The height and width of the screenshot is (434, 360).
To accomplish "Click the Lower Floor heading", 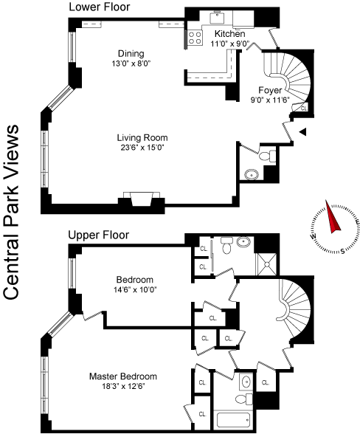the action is (x=100, y=7).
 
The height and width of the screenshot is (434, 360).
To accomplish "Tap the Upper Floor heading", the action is (x=99, y=235).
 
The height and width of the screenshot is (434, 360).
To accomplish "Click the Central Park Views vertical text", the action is (x=11, y=213).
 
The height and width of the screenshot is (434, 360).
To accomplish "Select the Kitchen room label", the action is (x=229, y=34).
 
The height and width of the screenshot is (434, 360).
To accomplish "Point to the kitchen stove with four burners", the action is (x=195, y=38).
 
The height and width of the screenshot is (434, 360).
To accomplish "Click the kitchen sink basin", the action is (x=217, y=18).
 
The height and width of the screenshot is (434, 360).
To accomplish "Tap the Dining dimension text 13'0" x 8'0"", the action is (x=131, y=63).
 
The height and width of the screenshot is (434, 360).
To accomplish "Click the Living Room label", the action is (x=142, y=137).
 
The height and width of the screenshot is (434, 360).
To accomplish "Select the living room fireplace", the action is (x=142, y=199).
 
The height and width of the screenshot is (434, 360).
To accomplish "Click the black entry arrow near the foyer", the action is (x=303, y=131).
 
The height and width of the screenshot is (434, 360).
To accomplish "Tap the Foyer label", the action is (x=270, y=90).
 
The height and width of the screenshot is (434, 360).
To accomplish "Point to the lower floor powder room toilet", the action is (x=267, y=156).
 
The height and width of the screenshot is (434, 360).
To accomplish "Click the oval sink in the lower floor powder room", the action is (x=252, y=175).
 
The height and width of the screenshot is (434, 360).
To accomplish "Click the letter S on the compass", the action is (x=342, y=252).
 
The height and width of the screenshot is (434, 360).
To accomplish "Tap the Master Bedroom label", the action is (x=123, y=376).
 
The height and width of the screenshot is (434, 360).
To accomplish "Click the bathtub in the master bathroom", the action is (x=233, y=419).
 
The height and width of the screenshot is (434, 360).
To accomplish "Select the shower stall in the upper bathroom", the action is (x=267, y=264).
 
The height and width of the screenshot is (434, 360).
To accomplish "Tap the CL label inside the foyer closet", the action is (x=304, y=108).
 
